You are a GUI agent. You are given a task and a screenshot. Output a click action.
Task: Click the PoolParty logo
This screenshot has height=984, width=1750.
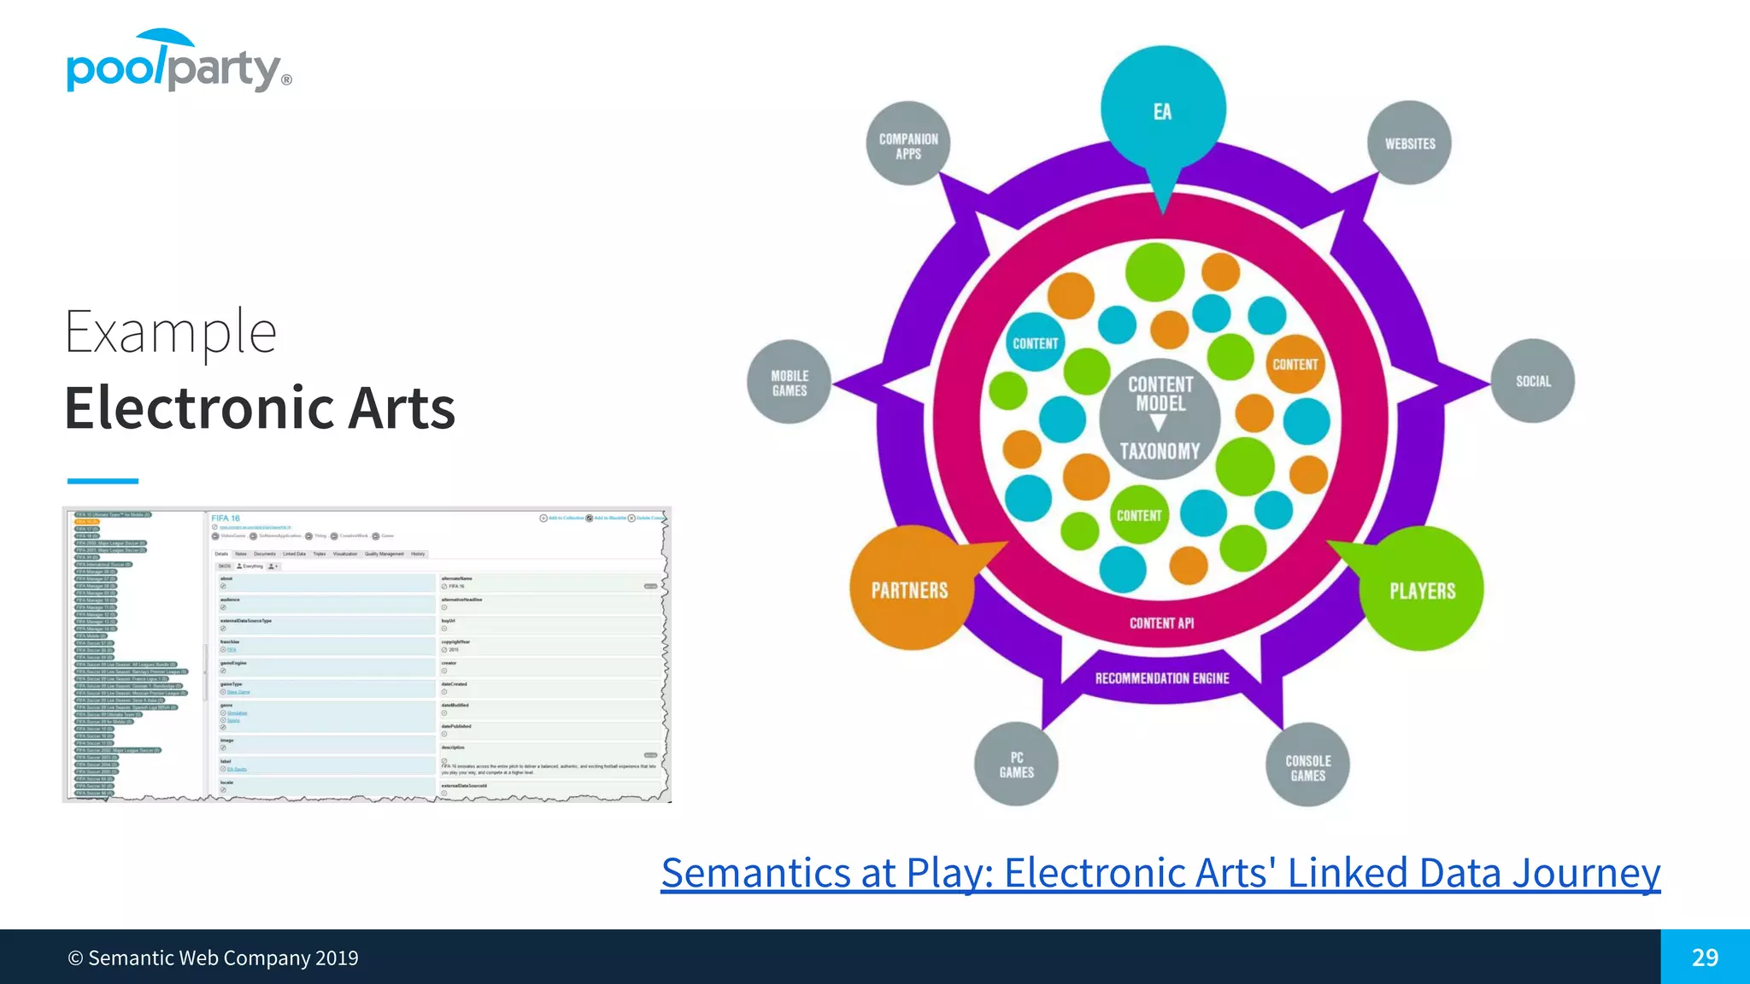tap(178, 63)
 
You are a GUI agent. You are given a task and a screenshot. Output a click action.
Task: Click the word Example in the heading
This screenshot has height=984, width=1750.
tap(170, 332)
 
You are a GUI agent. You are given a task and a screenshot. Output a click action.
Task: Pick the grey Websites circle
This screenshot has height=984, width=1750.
tap(1409, 143)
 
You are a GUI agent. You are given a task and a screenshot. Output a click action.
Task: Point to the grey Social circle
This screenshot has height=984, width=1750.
tap(1532, 381)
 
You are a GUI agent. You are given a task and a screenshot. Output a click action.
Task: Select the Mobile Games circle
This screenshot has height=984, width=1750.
tap(789, 383)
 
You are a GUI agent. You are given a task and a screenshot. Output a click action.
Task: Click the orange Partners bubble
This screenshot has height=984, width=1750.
tap(909, 590)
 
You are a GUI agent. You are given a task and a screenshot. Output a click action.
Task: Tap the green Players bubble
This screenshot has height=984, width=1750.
tap(1422, 590)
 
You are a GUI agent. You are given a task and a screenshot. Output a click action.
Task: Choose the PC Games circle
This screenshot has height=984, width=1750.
tap(1016, 764)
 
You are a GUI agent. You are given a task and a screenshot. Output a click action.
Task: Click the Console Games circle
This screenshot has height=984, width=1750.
tap(1307, 767)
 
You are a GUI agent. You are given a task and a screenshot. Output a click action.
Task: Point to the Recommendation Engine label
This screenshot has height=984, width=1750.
tap(1162, 678)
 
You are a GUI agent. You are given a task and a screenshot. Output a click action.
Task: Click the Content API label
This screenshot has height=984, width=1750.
tap(1161, 624)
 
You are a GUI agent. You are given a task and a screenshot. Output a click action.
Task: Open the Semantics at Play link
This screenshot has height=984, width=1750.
tap(1160, 873)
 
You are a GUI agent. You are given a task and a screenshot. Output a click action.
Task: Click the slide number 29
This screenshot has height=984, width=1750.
tap(1704, 957)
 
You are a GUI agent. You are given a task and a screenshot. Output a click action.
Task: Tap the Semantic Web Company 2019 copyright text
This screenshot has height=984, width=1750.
tap(213, 958)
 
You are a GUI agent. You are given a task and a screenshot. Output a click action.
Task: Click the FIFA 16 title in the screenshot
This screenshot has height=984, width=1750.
tap(226, 518)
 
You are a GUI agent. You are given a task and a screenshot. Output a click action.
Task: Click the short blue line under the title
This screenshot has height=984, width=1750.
tap(102, 481)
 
